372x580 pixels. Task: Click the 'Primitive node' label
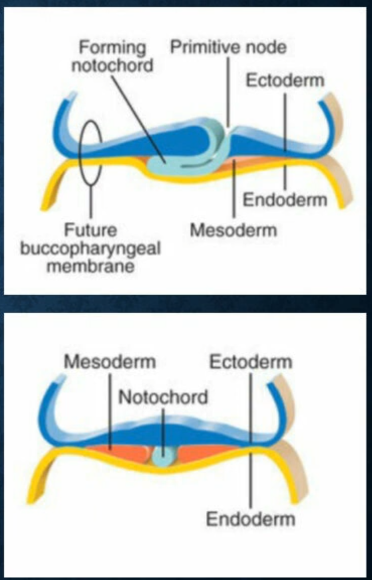click(228, 47)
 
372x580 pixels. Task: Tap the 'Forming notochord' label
click(112, 57)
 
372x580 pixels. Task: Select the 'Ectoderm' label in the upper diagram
click(284, 80)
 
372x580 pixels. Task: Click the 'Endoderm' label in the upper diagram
click(285, 200)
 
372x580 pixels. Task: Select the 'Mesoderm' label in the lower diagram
click(110, 362)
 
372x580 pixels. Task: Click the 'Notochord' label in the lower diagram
click(163, 397)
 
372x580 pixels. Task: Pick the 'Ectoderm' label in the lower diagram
click(251, 362)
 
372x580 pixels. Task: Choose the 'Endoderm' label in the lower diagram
click(251, 519)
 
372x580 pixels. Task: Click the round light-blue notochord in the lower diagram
click(163, 455)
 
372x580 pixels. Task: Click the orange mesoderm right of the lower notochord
click(201, 455)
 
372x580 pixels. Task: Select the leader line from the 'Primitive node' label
click(228, 91)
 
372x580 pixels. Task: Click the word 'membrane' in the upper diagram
click(91, 265)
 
